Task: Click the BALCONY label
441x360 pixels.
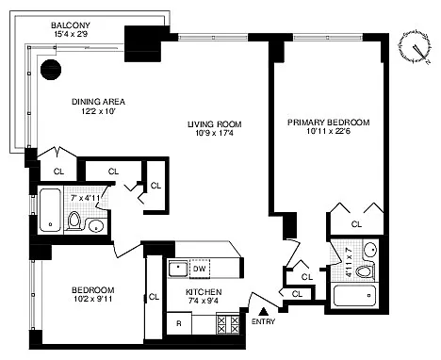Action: click(x=71, y=25)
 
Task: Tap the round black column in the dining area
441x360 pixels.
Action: click(x=51, y=70)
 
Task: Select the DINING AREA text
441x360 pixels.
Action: click(x=98, y=102)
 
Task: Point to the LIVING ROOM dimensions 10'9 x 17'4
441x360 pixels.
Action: click(x=215, y=133)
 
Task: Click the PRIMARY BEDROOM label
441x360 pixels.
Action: click(x=329, y=123)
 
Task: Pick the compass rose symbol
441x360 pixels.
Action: click(x=416, y=48)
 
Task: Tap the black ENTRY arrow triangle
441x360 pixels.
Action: click(x=264, y=311)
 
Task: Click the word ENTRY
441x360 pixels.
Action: click(x=263, y=321)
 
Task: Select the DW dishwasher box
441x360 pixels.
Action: click(x=200, y=269)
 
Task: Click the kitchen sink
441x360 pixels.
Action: click(x=178, y=269)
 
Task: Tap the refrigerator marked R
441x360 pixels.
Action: click(x=179, y=323)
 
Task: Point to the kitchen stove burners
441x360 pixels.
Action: click(x=228, y=324)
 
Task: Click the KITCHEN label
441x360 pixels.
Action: click(x=204, y=292)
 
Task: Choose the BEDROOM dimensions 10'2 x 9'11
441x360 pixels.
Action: click(x=92, y=299)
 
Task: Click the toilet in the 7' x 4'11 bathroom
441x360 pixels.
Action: click(x=74, y=221)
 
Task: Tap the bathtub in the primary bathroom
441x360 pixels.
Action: click(x=354, y=295)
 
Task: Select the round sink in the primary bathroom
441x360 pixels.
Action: click(x=370, y=250)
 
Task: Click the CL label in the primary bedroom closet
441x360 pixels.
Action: click(x=356, y=224)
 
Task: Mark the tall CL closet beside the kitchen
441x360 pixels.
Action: click(x=154, y=297)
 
